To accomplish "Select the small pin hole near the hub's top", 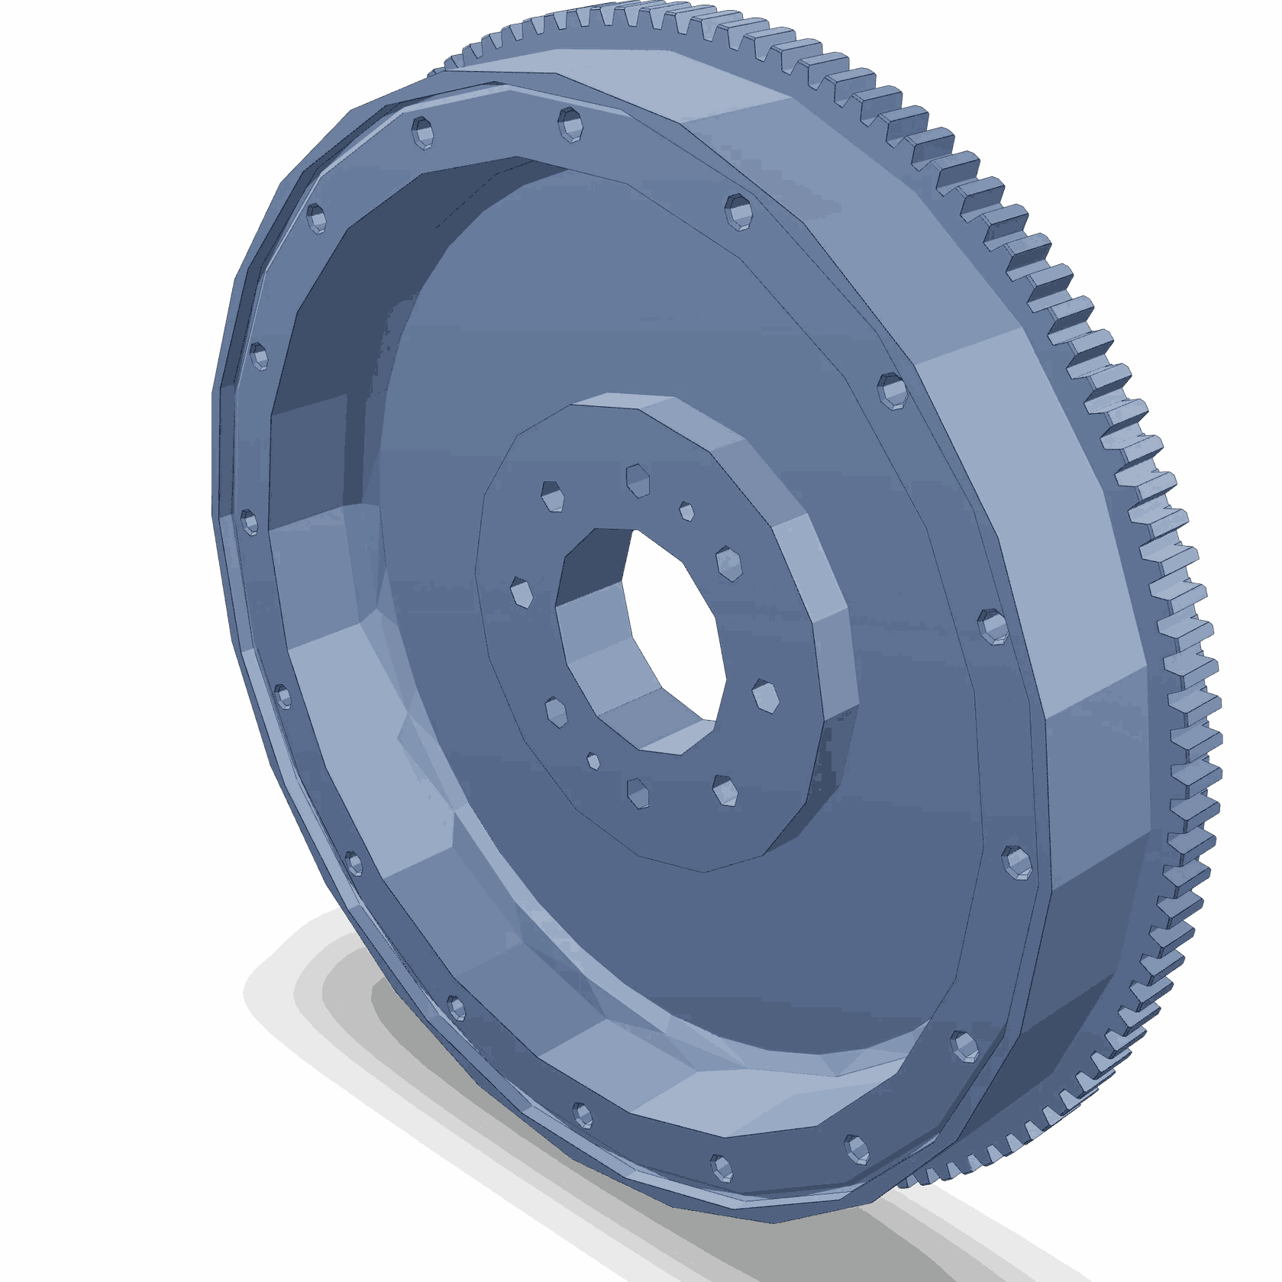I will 686,512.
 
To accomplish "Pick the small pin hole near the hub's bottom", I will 593,761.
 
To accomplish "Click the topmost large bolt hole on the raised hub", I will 638,480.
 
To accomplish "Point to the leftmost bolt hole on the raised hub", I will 522,593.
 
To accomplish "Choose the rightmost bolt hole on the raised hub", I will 765,696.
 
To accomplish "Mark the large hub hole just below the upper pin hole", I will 728,563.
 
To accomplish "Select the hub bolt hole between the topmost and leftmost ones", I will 552,496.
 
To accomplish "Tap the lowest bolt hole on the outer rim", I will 722,1167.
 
